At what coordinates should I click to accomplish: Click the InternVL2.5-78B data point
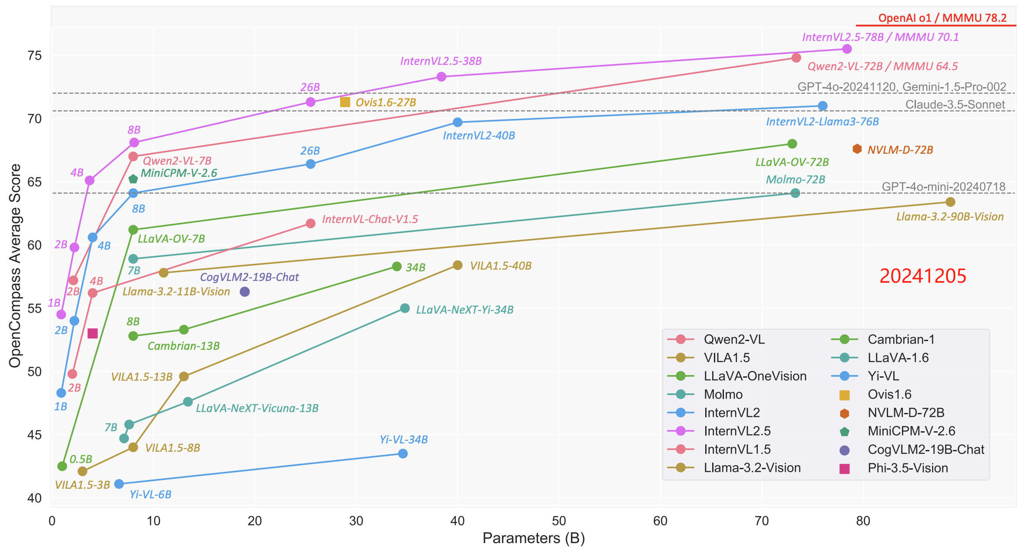[847, 49]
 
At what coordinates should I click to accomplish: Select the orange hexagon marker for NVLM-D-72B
[857, 149]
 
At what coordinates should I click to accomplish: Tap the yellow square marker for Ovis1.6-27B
[345, 102]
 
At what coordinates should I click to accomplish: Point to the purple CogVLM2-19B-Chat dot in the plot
[245, 291]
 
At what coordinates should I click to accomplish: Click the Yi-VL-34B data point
[403, 453]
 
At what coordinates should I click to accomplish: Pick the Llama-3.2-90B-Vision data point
[950, 202]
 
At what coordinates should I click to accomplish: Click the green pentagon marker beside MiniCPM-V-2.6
[133, 179]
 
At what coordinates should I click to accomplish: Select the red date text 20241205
[922, 276]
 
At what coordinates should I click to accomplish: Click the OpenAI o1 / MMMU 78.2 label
[942, 18]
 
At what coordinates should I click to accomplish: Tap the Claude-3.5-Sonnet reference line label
[955, 105]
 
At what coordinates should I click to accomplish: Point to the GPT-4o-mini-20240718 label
[943, 186]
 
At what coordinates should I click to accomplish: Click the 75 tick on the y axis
[34, 55]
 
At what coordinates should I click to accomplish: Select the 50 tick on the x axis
[559, 521]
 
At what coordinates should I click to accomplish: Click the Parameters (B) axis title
[533, 538]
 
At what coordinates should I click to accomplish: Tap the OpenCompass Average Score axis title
[15, 266]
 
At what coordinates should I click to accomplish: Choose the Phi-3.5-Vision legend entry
[907, 468]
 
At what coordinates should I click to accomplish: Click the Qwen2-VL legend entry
[734, 339]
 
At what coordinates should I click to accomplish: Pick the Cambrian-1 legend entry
[900, 339]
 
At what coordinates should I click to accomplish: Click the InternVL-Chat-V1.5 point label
[370, 219]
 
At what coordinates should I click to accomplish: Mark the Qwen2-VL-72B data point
[796, 58]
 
